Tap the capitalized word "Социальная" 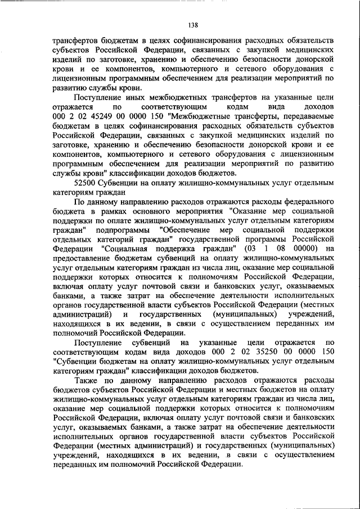[128, 249]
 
